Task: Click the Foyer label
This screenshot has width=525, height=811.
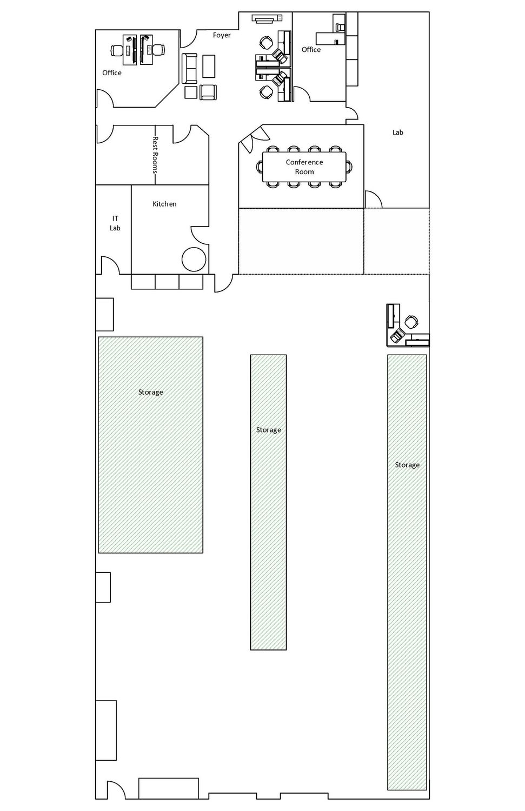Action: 222,35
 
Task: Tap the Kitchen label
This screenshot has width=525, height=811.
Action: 164,204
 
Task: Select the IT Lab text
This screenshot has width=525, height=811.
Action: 115,223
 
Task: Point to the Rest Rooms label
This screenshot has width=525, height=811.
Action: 155,155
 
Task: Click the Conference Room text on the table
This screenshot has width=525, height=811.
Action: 304,167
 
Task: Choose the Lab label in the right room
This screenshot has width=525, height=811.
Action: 397,132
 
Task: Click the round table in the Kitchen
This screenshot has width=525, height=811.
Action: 194,259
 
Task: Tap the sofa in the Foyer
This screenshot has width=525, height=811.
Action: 189,69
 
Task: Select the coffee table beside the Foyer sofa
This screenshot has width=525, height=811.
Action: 209,66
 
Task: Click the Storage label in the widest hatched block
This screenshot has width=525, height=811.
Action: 151,392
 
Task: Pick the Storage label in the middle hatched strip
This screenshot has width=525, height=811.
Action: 268,430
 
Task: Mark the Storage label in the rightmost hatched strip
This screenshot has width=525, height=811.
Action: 407,465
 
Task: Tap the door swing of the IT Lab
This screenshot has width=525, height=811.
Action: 110,265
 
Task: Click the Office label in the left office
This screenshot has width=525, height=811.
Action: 112,73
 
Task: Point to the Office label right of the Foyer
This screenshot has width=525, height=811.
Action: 311,50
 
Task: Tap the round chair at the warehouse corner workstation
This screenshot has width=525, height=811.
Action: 411,322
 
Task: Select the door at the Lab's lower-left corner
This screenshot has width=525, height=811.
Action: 373,199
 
